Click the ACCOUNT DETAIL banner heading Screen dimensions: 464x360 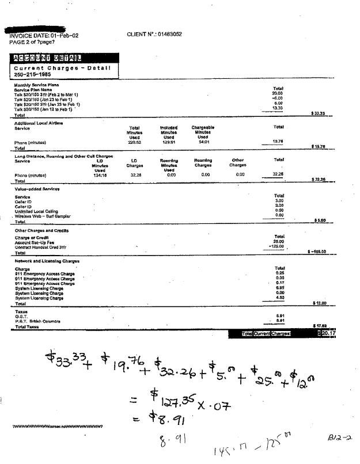tap(46, 57)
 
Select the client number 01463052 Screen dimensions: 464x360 tap(170, 35)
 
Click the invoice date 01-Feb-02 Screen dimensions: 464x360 tap(60, 36)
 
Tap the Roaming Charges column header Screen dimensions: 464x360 tap(203, 162)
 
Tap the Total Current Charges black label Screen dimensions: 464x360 tap(271, 333)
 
